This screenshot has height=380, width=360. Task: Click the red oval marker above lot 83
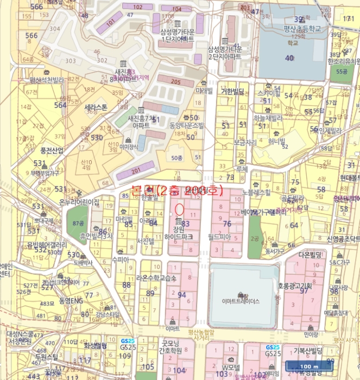click(x=180, y=207)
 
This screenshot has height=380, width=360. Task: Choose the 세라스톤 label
click(x=96, y=107)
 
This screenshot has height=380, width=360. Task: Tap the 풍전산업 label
click(x=52, y=150)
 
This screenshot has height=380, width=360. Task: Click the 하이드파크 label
click(x=179, y=237)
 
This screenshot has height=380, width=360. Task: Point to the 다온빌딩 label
click(x=311, y=254)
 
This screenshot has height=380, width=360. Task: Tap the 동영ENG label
click(x=71, y=300)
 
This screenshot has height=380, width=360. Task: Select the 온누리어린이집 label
click(x=79, y=202)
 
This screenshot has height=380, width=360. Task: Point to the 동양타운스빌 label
click(x=186, y=125)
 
